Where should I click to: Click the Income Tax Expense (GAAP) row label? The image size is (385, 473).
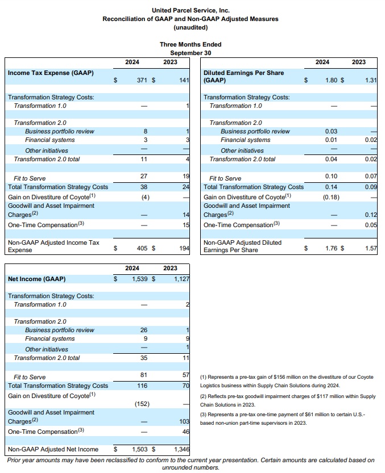tap(51, 73)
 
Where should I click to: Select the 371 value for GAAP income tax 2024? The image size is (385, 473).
tap(142, 81)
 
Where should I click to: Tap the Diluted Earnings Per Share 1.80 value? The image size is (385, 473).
tap(332, 81)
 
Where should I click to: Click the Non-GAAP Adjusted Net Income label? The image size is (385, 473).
tap(53, 450)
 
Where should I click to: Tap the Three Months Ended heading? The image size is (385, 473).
tap(191, 44)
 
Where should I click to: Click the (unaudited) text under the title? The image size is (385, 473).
tap(191, 27)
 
